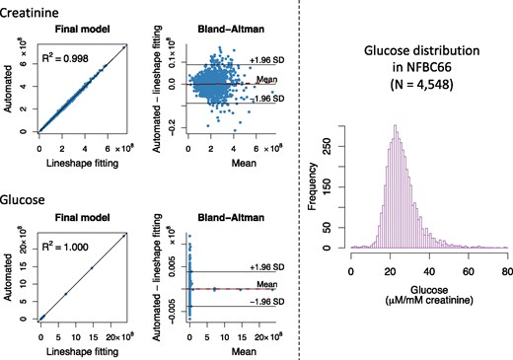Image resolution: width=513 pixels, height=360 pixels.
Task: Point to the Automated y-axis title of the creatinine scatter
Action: pos(9,87)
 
